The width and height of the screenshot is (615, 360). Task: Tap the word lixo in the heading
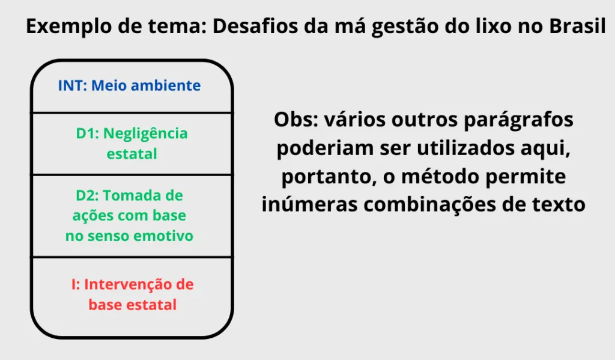click(x=485, y=27)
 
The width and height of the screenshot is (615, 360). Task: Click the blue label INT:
click(x=73, y=85)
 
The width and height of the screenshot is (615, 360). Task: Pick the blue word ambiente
click(x=165, y=85)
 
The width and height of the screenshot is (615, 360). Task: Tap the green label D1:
click(x=87, y=133)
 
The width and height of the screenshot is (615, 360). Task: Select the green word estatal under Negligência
click(x=132, y=154)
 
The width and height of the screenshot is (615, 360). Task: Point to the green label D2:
click(x=88, y=195)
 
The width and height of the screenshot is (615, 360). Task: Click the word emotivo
click(x=165, y=236)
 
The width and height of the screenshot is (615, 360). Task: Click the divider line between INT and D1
click(x=132, y=112)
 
